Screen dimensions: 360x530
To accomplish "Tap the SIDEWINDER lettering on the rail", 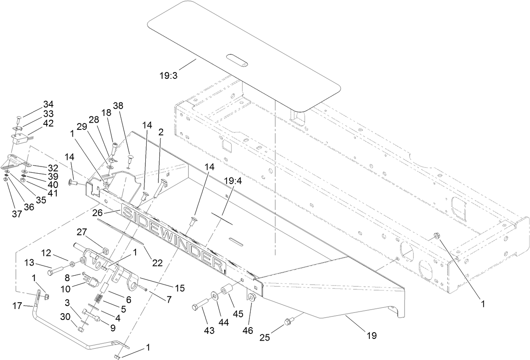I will [x=173, y=236].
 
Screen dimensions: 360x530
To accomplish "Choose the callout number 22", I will [x=157, y=262].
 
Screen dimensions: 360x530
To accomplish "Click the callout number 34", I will [x=48, y=104].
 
